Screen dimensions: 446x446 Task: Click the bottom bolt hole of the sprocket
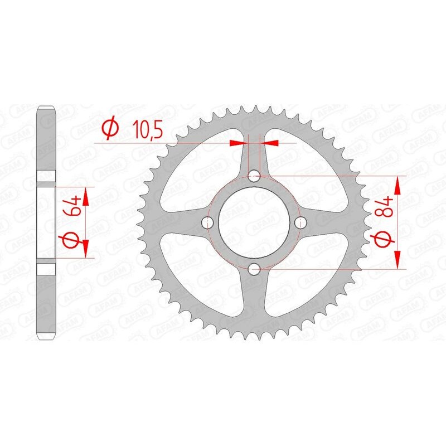(x=255, y=270)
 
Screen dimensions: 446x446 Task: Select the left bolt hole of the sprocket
(x=209, y=224)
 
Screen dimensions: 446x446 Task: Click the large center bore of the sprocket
(x=255, y=224)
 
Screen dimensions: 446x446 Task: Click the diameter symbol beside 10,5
(x=110, y=129)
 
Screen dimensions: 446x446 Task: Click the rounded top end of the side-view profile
(x=46, y=109)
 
